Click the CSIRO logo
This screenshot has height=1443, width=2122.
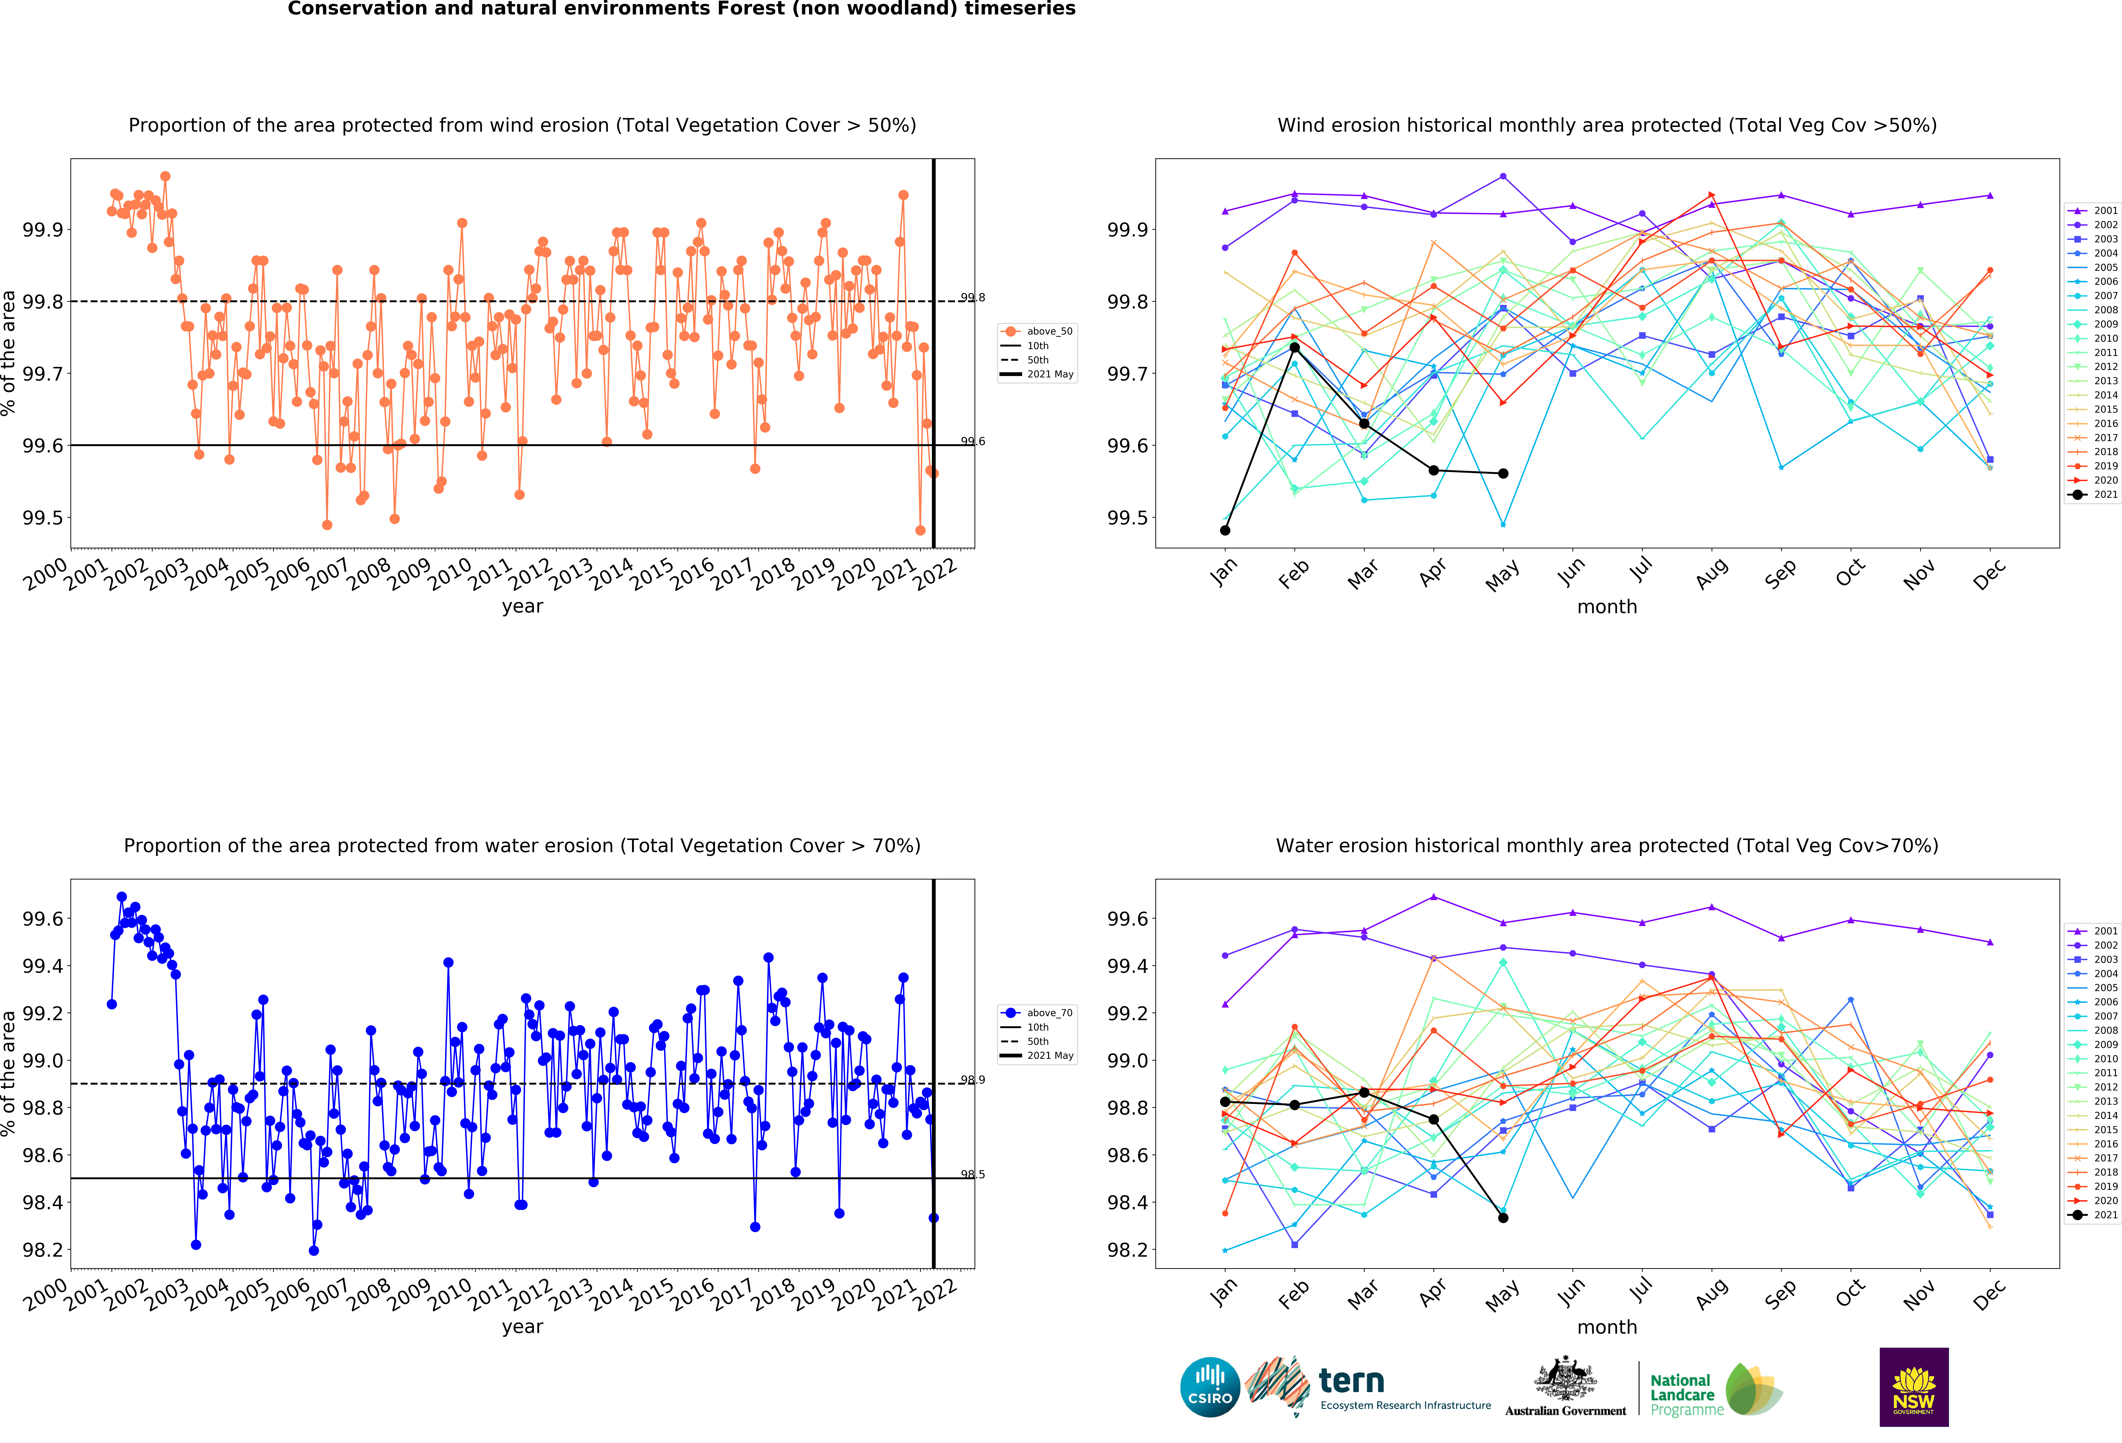coord(1210,1386)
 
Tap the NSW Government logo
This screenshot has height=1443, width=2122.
coord(1914,1386)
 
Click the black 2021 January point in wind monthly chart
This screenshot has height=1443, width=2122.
coord(1225,530)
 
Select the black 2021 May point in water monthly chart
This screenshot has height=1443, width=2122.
coord(1503,1217)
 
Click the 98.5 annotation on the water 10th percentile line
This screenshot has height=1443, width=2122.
coord(973,1174)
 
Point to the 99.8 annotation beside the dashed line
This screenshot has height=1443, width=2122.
coord(973,298)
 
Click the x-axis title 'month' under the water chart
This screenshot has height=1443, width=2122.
coord(1607,1327)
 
